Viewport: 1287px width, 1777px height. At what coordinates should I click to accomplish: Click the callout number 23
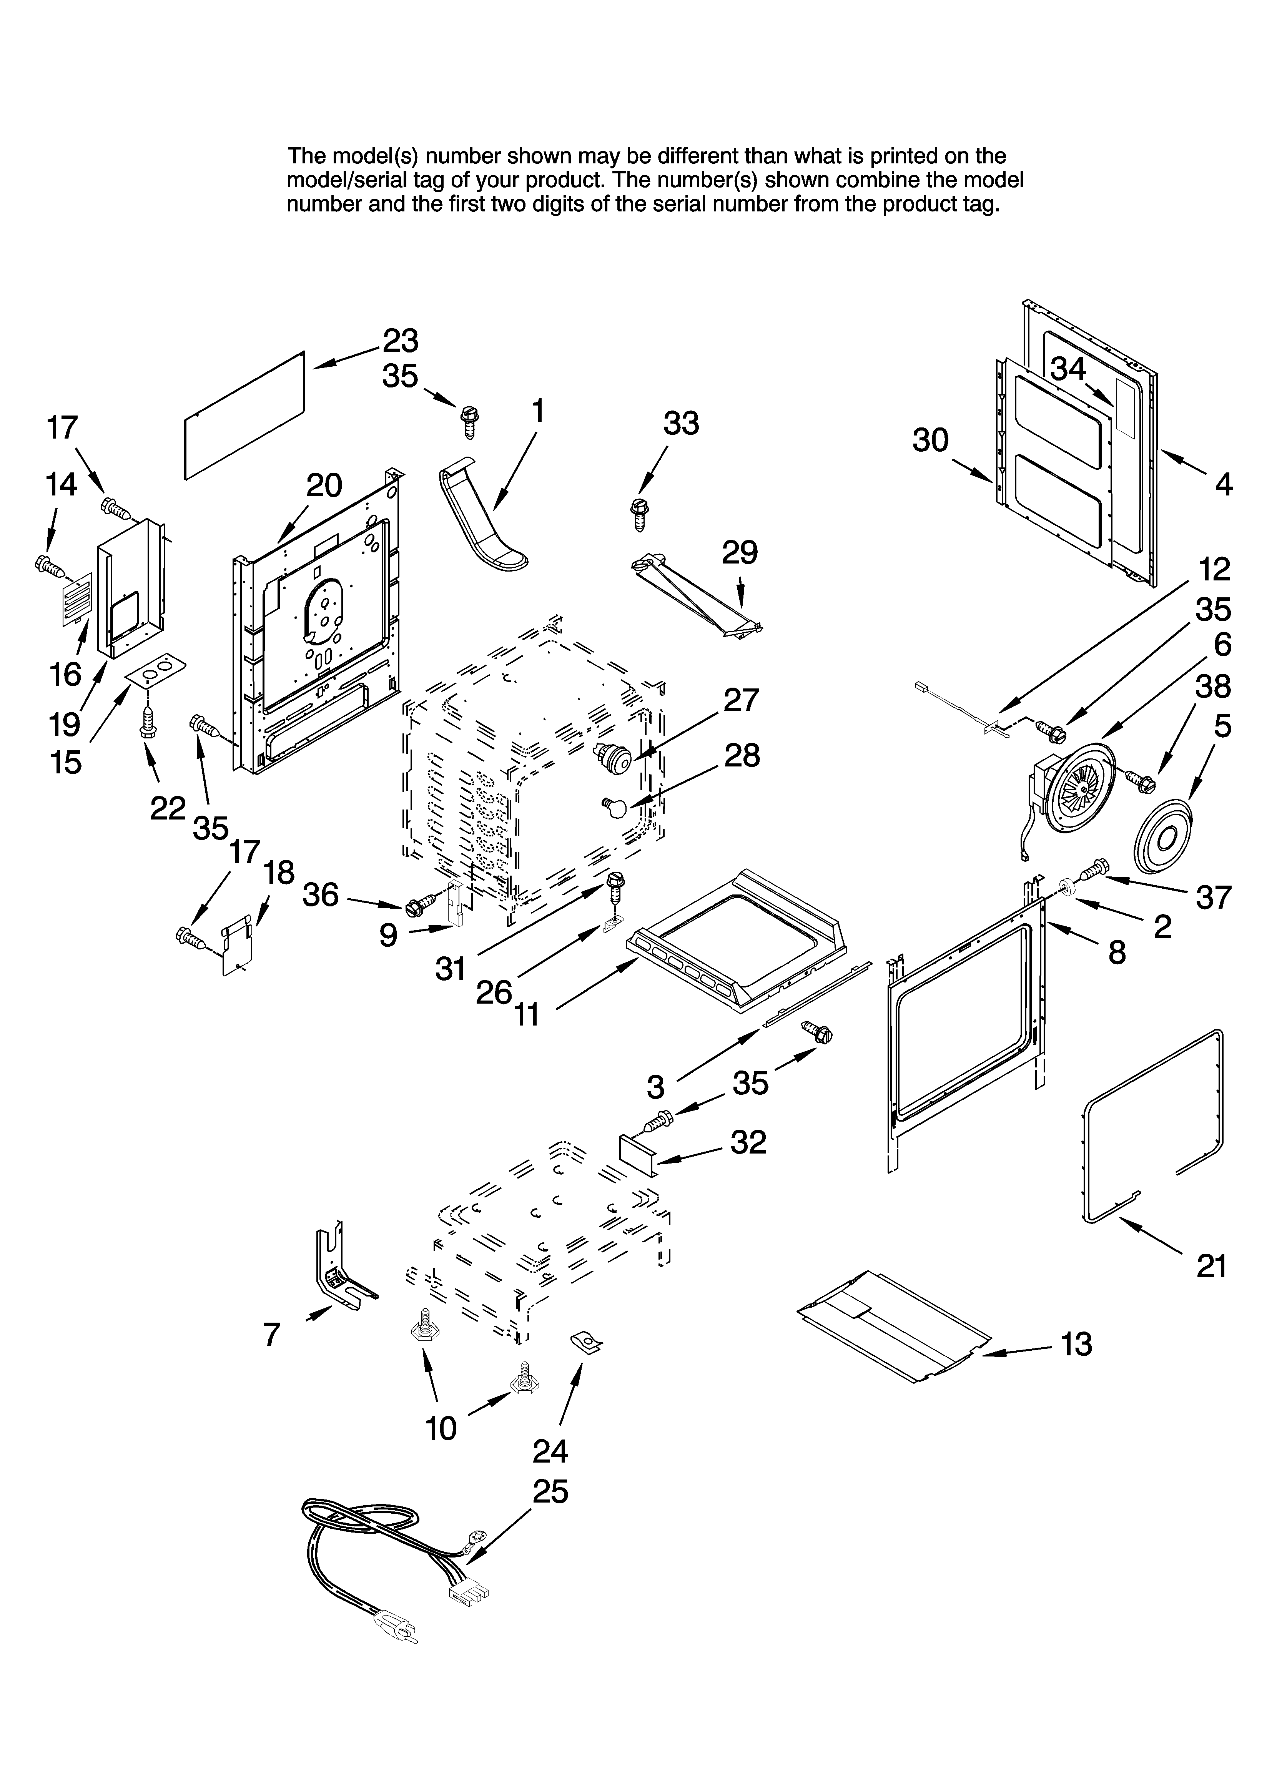[x=401, y=341]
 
